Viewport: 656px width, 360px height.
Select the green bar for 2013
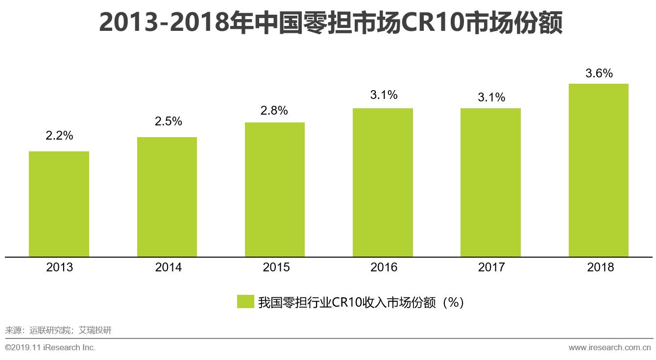59,204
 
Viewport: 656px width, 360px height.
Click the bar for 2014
167,197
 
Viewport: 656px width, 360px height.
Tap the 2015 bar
275,190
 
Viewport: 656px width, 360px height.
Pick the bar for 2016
383,182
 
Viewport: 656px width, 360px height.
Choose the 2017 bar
490,182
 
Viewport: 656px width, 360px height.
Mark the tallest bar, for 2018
598,170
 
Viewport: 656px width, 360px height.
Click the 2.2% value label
59,136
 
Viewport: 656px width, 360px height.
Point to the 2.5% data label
168,121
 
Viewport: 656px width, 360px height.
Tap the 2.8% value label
274,111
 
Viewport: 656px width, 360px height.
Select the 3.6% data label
599,73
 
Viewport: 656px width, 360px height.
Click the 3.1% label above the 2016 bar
384,95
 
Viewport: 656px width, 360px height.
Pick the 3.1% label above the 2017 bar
491,97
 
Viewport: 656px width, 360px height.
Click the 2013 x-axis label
59,267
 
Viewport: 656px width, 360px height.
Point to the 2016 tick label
384,267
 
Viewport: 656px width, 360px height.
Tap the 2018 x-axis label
600,267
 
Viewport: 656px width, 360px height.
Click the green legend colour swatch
245,302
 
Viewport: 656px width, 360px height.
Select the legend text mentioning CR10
361,302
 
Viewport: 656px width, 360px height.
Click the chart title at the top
330,23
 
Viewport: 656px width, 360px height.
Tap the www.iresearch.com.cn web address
609,348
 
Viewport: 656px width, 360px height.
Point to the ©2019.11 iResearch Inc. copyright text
50,348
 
